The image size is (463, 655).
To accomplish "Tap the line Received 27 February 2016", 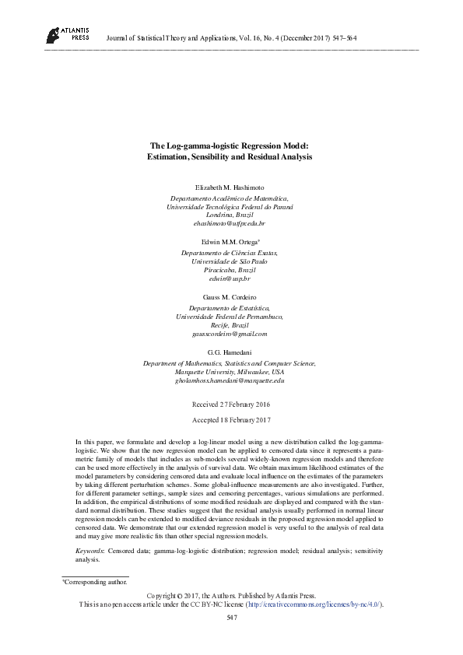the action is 230,405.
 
